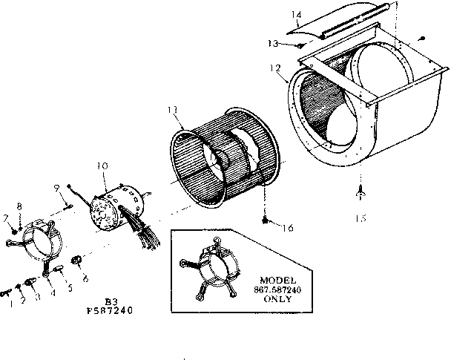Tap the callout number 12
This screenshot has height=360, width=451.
275,68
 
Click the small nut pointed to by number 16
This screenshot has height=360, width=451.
265,220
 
